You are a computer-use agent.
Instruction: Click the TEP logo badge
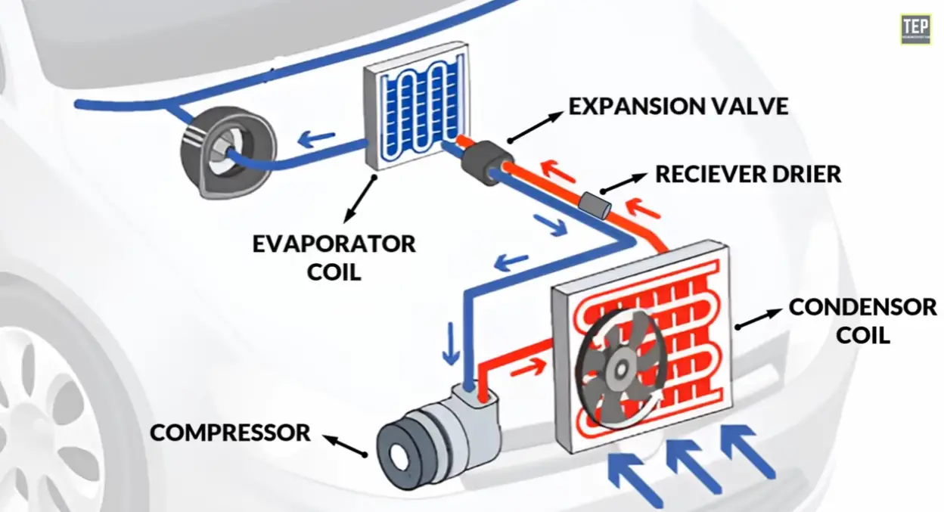(x=915, y=29)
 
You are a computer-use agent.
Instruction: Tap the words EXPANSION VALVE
(x=678, y=106)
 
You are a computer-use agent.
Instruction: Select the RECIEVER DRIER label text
(x=747, y=174)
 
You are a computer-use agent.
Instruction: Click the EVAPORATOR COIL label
(x=334, y=257)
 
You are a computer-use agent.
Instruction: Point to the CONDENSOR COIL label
(x=862, y=320)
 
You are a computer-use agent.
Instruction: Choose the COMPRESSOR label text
(x=231, y=433)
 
